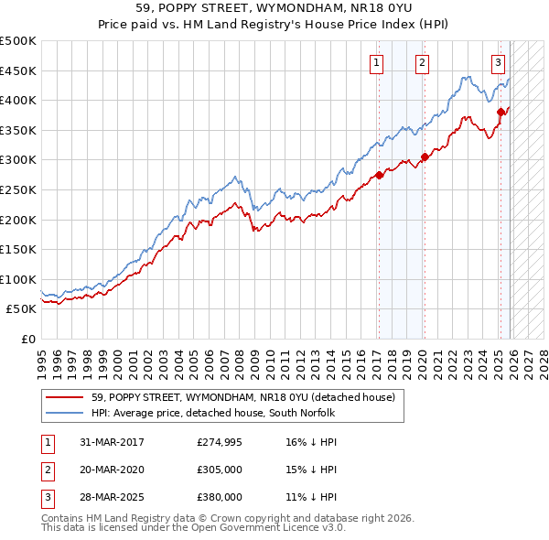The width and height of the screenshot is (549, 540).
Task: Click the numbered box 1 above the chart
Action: pyautogui.click(x=377, y=63)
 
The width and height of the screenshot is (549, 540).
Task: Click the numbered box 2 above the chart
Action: pyautogui.click(x=422, y=63)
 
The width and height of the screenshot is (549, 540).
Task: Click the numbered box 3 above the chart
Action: pyautogui.click(x=498, y=63)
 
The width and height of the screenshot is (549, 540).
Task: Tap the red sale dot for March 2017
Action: pyautogui.click(x=379, y=176)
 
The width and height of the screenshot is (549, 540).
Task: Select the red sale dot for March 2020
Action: pyautogui.click(x=425, y=157)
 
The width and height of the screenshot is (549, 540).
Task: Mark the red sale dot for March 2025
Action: pyautogui.click(x=501, y=113)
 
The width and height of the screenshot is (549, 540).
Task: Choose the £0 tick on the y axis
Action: pyautogui.click(x=27, y=339)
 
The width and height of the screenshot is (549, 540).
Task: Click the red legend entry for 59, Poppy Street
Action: pyautogui.click(x=242, y=397)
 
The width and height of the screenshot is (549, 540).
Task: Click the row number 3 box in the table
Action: pyautogui.click(x=47, y=497)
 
